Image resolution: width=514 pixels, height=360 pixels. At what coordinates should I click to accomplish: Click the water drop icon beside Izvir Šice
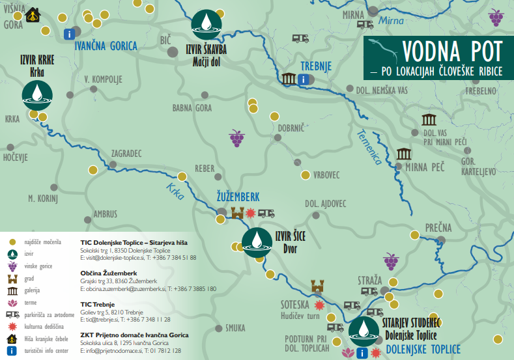click(257, 242)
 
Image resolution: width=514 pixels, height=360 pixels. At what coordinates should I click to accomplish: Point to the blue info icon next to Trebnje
click(304, 79)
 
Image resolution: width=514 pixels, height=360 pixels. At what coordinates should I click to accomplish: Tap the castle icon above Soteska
click(317, 285)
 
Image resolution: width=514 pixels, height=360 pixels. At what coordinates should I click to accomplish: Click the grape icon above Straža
click(390, 262)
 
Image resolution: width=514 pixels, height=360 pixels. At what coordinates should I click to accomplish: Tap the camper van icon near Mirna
click(364, 24)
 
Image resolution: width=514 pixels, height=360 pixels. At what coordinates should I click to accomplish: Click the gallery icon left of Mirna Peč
click(404, 154)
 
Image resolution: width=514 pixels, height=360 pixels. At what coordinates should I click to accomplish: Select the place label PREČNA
click(438, 227)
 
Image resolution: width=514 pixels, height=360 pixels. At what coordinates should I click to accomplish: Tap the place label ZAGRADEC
click(126, 154)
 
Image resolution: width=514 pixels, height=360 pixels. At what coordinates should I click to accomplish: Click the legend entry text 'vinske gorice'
click(42, 266)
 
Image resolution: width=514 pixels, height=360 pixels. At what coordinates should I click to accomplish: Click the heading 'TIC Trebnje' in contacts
click(98, 304)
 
